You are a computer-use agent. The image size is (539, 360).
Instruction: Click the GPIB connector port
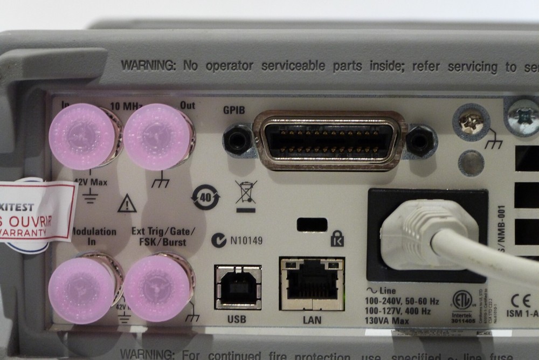tap(329, 141)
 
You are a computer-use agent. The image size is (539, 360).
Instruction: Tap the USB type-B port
tap(237, 287)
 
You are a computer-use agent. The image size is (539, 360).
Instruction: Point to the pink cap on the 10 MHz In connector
tap(82, 136)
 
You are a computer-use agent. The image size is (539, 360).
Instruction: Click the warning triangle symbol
tap(127, 204)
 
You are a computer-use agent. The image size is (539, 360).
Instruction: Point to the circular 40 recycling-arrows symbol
tap(206, 197)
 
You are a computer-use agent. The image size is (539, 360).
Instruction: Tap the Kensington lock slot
tap(312, 224)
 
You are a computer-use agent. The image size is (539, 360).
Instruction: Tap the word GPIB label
tap(234, 110)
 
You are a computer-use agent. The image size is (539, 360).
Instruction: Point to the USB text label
tap(237, 320)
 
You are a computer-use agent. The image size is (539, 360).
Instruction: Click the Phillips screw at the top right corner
tap(523, 115)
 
